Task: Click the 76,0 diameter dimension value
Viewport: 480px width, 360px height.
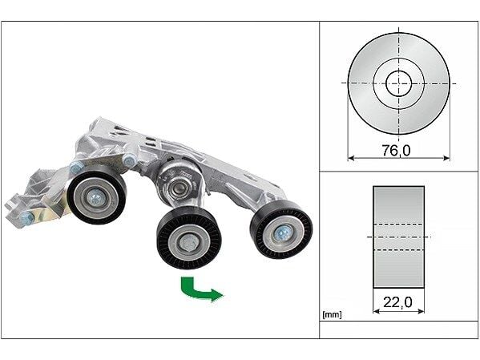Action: point(398,151)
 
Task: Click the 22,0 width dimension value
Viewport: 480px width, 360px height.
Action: point(398,304)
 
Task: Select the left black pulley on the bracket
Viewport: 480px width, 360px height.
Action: point(96,196)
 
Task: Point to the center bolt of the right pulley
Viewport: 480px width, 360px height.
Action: point(283,232)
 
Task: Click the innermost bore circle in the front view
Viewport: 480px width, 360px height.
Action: point(398,83)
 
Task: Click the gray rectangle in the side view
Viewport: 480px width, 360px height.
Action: point(398,237)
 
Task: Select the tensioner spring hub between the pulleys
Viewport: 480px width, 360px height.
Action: point(177,185)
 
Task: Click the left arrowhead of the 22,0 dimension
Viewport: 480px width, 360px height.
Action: point(377,311)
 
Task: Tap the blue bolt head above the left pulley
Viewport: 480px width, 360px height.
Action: point(77,168)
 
